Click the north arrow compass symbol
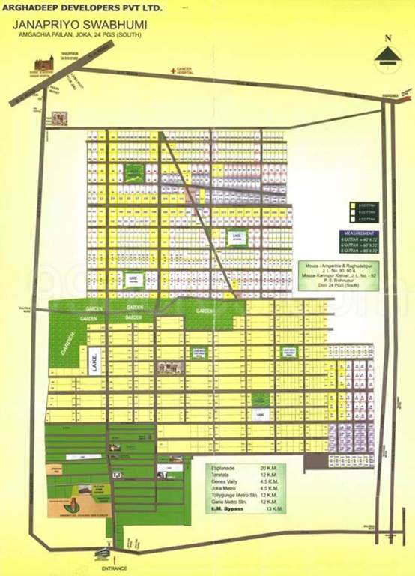(x=387, y=55)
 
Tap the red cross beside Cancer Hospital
(x=172, y=70)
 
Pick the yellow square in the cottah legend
(x=353, y=205)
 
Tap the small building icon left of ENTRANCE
(x=100, y=555)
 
